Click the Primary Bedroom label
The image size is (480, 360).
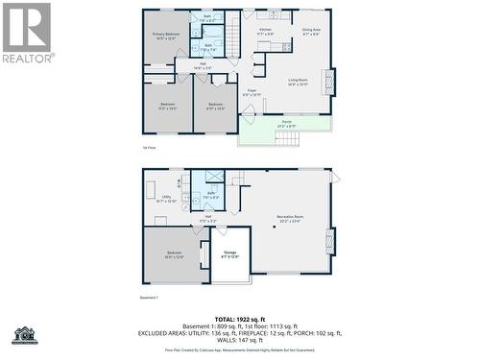(x=165, y=36)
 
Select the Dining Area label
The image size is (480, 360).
(x=311, y=32)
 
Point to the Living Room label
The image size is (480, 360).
(x=297, y=83)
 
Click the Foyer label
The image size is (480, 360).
(x=252, y=92)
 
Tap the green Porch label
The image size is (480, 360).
(x=286, y=124)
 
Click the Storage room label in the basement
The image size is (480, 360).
(x=230, y=254)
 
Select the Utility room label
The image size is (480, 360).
(x=165, y=199)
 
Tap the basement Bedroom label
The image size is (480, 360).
(x=173, y=254)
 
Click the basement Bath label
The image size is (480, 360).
(x=210, y=195)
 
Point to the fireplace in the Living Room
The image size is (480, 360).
(x=332, y=83)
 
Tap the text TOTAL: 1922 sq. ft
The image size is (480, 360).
(x=240, y=318)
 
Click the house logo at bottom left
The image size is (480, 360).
(x=24, y=335)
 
